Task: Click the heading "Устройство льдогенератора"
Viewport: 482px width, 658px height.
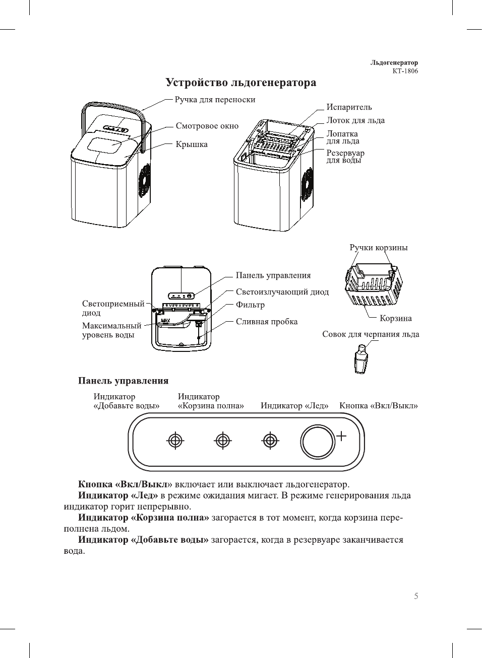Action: coord(241,83)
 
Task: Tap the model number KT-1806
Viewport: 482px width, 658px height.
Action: coord(405,71)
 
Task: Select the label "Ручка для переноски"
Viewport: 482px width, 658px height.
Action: coord(215,100)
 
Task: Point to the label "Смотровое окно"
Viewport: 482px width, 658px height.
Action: coord(207,126)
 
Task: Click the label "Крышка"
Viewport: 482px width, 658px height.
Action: coord(192,144)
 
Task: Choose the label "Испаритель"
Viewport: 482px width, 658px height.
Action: coord(349,107)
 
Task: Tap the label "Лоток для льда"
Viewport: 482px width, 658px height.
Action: coord(355,120)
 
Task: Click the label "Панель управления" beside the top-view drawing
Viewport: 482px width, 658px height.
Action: coord(273,275)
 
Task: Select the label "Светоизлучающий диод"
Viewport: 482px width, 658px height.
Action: coord(282,292)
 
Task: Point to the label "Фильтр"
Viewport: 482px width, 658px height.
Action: coord(250,305)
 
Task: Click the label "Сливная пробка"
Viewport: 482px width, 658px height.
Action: coord(266,322)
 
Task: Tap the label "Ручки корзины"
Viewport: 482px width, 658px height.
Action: coord(378,248)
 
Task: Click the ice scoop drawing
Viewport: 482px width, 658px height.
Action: coord(361,359)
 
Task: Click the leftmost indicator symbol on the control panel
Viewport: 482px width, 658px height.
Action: coord(175,441)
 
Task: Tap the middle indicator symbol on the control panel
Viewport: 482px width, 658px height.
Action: coord(223,441)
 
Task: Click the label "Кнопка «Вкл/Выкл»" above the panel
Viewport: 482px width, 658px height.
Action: coord(378,406)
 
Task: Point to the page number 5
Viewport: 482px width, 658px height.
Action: coord(416,596)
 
